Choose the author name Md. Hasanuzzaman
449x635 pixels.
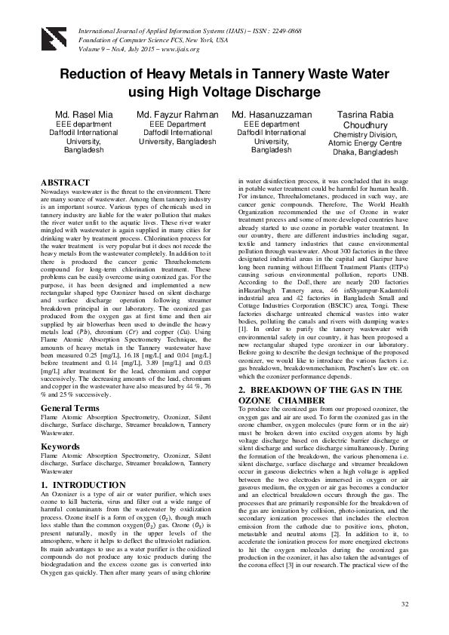click(271, 114)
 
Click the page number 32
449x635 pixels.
click(404, 604)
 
